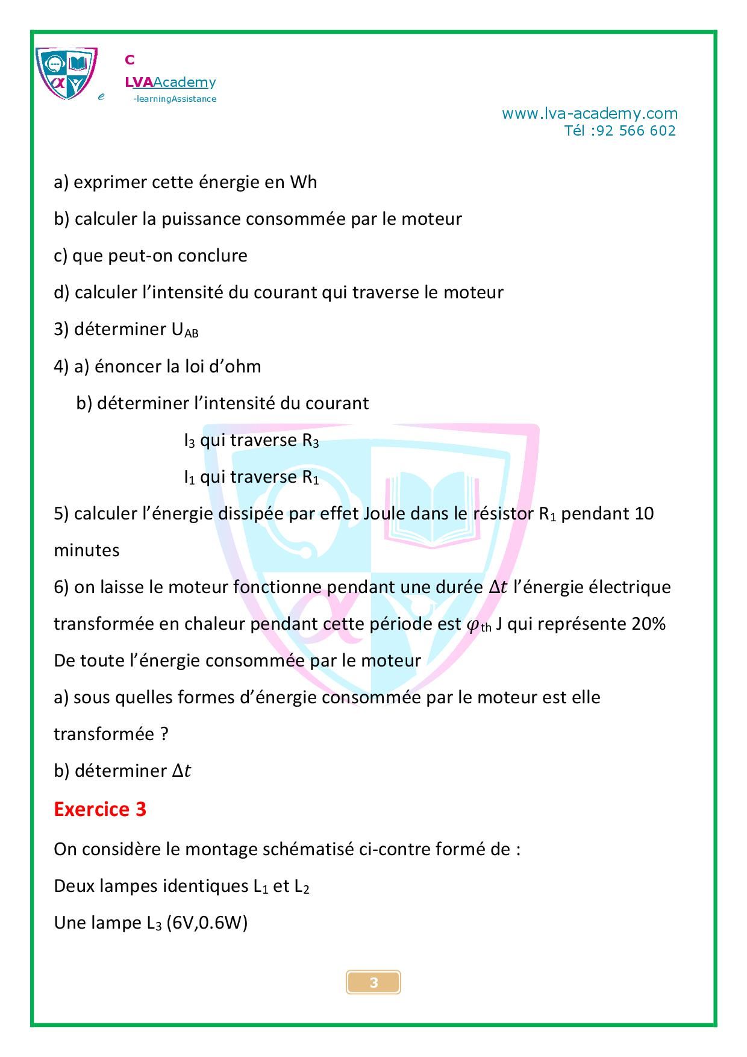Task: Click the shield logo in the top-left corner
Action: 66,74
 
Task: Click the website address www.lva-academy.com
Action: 589,113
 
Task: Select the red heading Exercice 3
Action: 100,809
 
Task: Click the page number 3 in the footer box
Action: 373,982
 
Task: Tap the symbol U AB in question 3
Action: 185,330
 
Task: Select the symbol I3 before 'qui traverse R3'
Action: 189,441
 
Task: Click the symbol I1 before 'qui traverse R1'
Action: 189,477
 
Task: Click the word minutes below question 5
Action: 87,550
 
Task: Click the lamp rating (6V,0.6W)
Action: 207,923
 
